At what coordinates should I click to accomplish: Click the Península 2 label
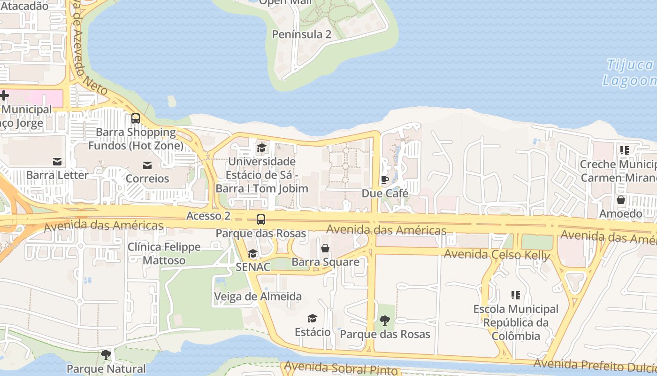(x=302, y=34)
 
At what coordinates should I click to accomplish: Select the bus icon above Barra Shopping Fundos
(x=136, y=118)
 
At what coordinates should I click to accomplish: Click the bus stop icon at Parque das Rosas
(x=260, y=219)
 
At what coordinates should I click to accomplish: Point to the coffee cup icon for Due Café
(x=384, y=179)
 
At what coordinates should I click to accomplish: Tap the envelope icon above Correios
(x=147, y=164)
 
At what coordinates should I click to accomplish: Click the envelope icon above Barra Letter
(x=57, y=161)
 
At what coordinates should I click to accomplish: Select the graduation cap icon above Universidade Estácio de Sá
(x=261, y=148)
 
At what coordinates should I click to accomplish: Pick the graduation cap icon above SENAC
(x=252, y=254)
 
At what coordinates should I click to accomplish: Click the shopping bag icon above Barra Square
(x=325, y=248)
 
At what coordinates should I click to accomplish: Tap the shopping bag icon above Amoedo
(x=620, y=200)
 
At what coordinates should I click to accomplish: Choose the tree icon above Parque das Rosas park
(x=385, y=321)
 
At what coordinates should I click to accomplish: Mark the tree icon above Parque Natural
(x=106, y=354)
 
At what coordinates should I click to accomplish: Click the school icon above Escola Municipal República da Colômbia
(x=515, y=295)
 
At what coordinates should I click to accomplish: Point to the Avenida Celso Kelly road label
(x=497, y=255)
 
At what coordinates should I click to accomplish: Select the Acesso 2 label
(x=208, y=216)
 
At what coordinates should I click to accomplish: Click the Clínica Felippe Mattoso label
(x=164, y=253)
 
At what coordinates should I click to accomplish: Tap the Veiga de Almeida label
(x=258, y=297)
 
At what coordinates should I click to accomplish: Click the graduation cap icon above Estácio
(x=313, y=319)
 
